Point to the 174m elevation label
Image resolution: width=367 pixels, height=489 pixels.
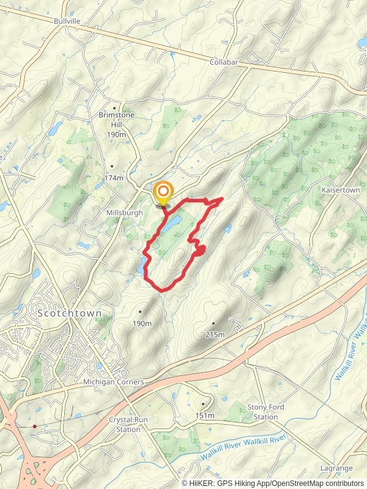[114, 178]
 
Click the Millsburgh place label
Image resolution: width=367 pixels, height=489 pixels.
[124, 213]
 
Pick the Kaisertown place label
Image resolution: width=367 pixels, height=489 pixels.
[341, 191]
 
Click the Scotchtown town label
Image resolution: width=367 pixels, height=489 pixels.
[69, 313]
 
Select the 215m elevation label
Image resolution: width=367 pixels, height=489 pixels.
[215, 334]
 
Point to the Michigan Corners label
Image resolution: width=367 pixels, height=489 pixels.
[114, 382]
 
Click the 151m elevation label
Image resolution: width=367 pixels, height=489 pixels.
[205, 416]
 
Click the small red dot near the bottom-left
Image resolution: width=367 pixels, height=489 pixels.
[35, 426]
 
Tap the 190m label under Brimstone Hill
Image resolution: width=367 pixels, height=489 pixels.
[116, 134]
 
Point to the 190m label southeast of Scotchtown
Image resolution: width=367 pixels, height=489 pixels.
[141, 323]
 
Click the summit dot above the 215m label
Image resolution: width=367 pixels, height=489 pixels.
[213, 323]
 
